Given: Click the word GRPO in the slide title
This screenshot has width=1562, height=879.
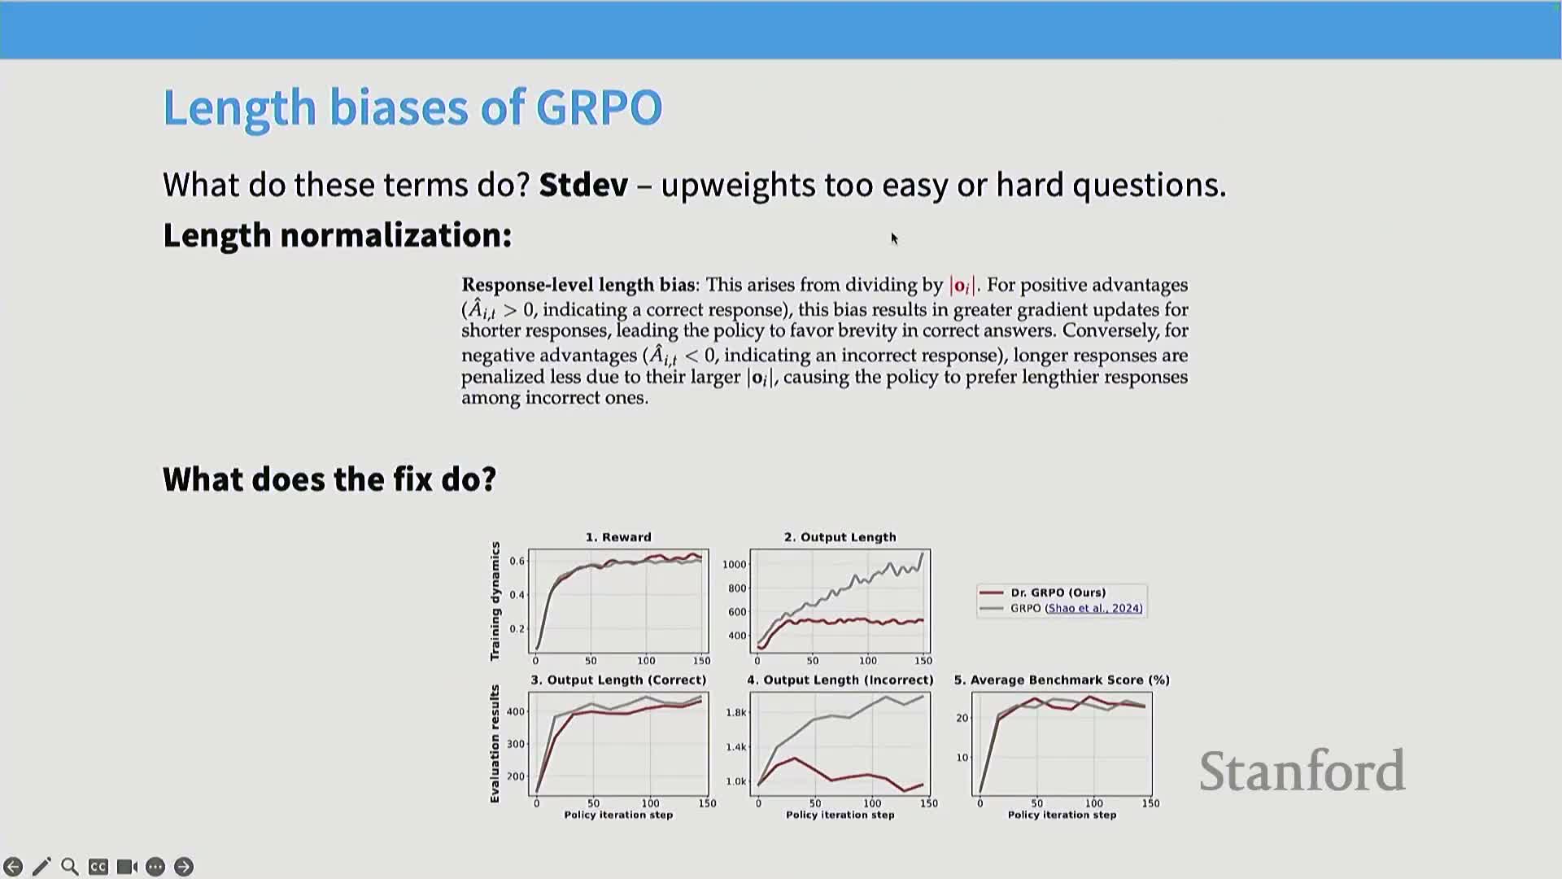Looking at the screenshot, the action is [599, 107].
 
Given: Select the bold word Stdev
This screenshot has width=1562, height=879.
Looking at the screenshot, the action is [583, 185].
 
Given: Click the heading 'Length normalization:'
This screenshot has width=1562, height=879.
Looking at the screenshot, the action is [338, 235].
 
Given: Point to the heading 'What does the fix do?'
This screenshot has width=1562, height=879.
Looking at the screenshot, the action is [329, 479].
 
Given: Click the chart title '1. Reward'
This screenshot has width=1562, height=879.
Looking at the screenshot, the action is [618, 537].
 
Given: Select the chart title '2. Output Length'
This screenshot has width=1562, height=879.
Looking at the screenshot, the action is [840, 537].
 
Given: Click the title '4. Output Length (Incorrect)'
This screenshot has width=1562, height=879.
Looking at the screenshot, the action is [840, 680].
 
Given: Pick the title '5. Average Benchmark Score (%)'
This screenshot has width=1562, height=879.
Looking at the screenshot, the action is [1062, 680].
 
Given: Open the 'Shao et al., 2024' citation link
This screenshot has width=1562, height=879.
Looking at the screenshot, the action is [1093, 608].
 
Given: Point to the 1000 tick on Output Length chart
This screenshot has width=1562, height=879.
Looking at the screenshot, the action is [734, 564].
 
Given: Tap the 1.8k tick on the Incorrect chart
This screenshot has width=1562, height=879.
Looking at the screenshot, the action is [735, 712].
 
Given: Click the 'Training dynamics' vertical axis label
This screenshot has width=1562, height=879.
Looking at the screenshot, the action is [495, 601].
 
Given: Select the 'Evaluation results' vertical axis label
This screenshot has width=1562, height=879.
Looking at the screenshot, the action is [495, 744].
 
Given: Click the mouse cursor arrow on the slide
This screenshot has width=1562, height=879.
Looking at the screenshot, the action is [893, 238].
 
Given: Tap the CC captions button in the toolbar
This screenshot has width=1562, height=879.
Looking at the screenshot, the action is [98, 867].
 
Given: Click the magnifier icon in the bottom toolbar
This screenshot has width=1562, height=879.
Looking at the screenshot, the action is [70, 867].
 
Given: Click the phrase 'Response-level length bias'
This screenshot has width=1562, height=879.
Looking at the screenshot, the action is [578, 285].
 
